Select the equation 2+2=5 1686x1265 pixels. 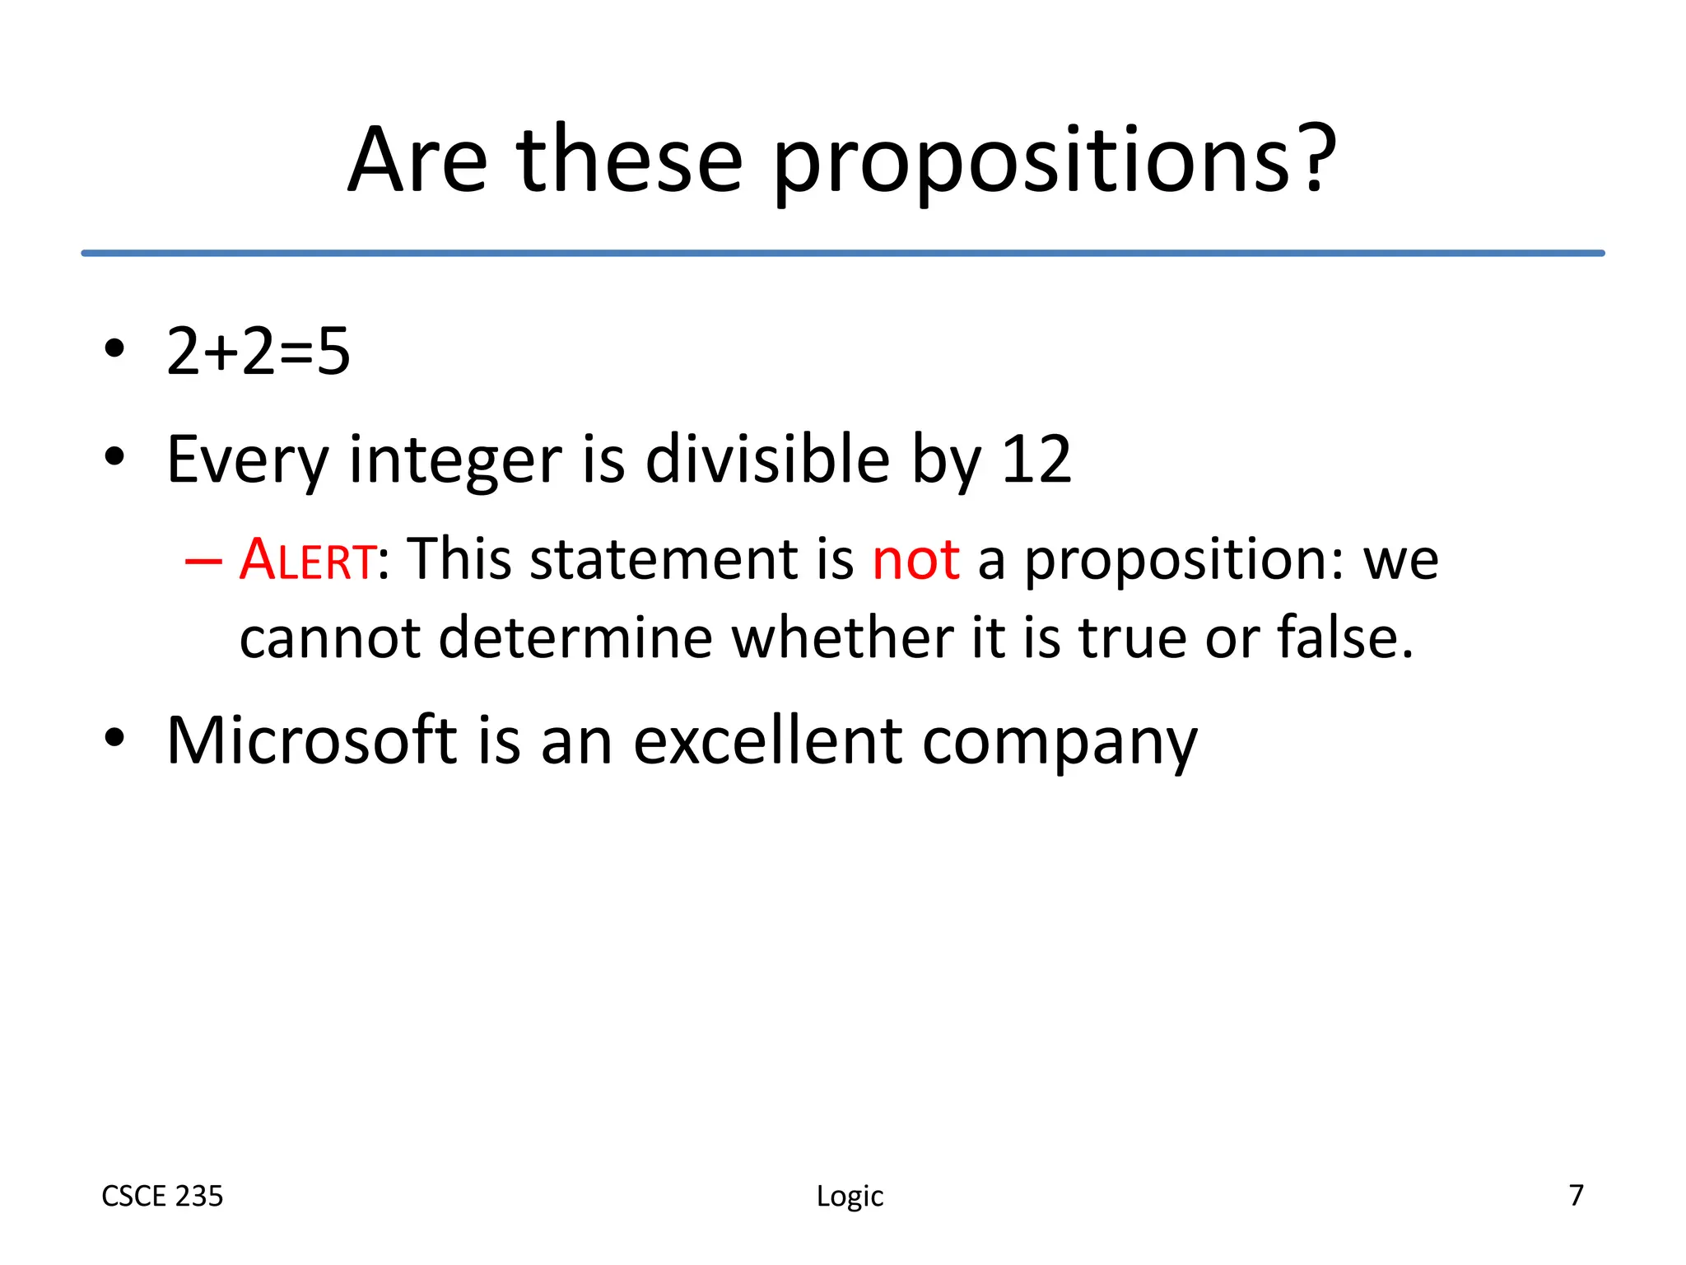click(x=258, y=352)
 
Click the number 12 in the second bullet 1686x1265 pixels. click(x=1036, y=459)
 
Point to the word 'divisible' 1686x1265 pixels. click(x=767, y=459)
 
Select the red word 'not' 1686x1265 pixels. click(x=915, y=559)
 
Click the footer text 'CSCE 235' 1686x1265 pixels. click(x=162, y=1196)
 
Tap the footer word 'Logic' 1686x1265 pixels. click(x=850, y=1196)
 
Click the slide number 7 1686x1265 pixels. click(x=1576, y=1195)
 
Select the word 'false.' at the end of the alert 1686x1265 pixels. click(x=1344, y=637)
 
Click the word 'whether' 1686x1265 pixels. click(x=842, y=637)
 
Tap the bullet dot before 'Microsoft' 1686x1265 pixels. click(x=114, y=737)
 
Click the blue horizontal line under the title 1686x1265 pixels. click(x=843, y=253)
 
